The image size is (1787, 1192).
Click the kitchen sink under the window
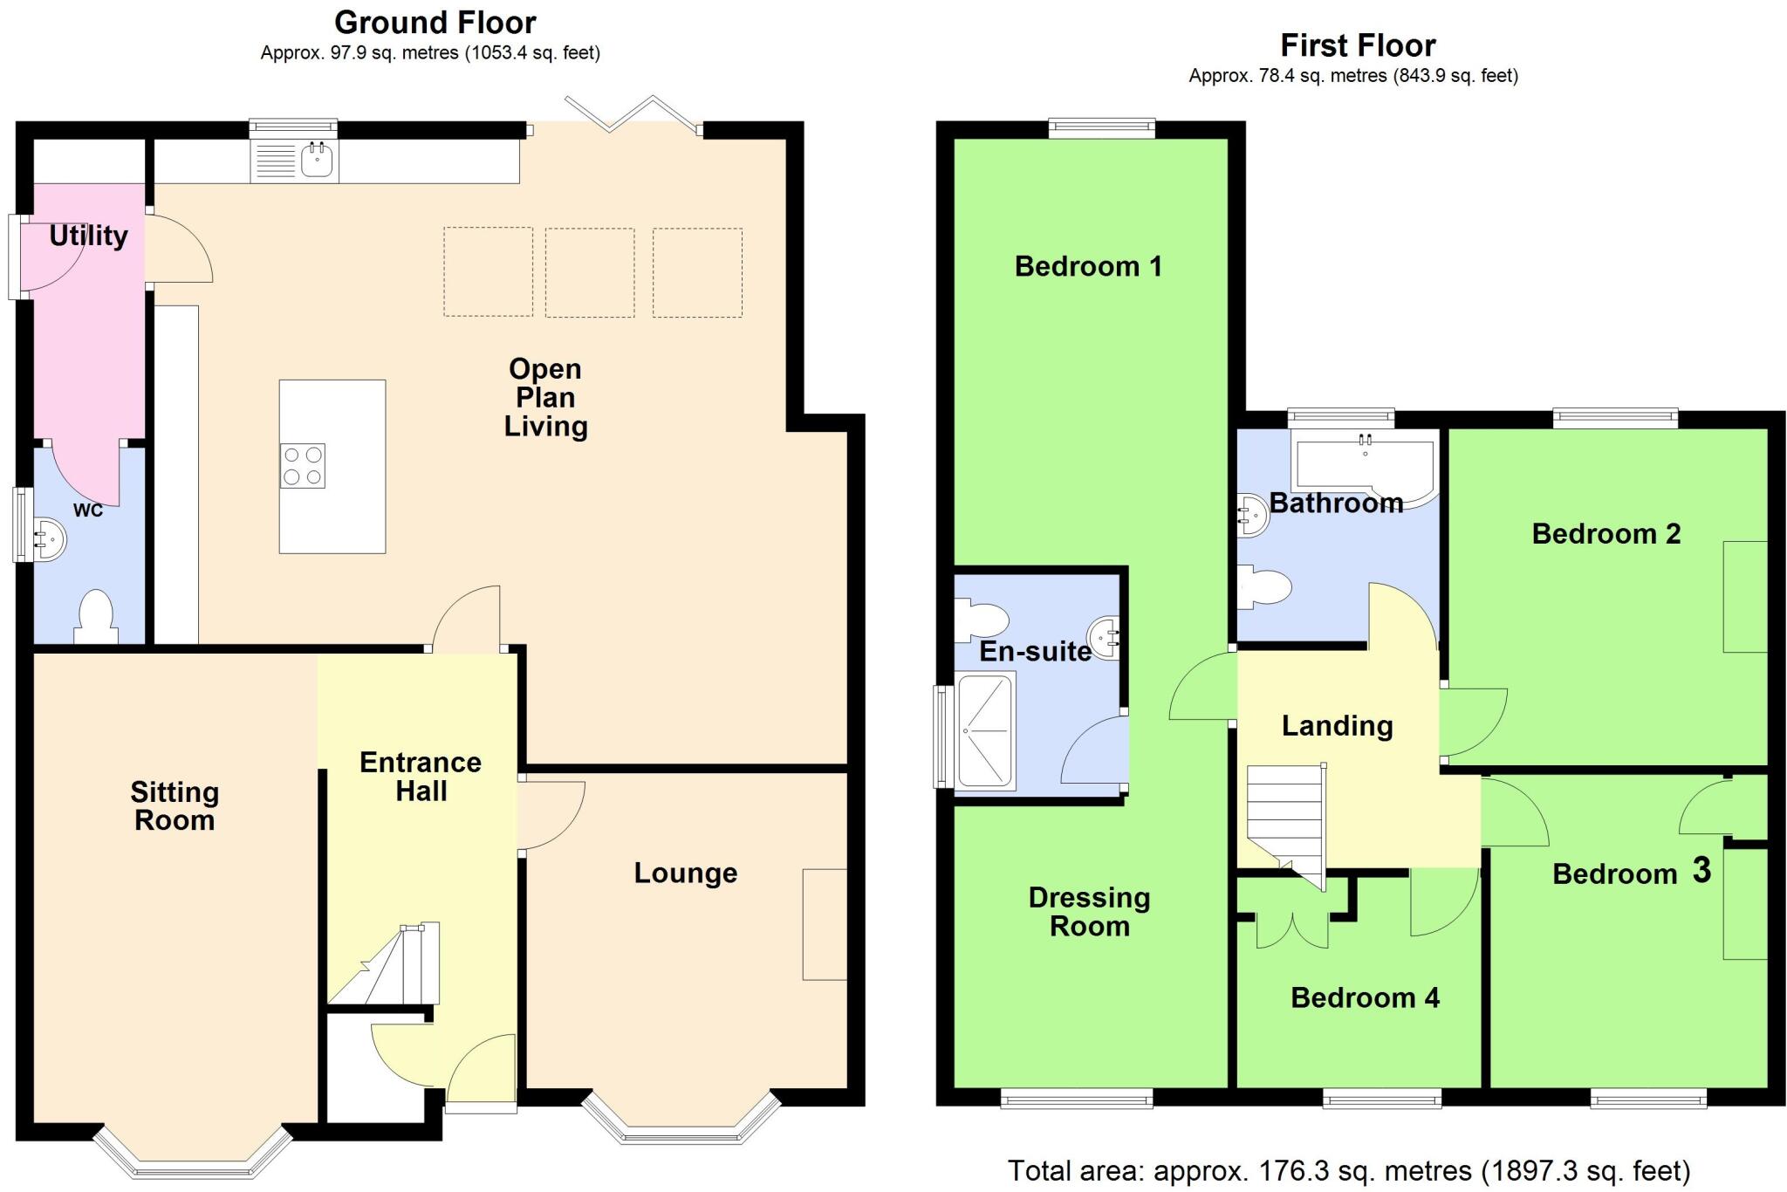[x=316, y=160]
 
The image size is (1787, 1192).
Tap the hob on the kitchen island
[x=303, y=466]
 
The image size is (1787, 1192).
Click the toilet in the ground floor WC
[x=95, y=616]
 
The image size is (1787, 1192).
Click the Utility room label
[x=88, y=236]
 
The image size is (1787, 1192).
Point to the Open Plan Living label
[x=545, y=398]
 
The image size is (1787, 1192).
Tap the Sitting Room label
[x=175, y=806]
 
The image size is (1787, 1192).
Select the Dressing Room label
[x=1089, y=912]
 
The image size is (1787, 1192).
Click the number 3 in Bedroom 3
[x=1701, y=870]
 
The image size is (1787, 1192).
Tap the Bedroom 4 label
[x=1365, y=997]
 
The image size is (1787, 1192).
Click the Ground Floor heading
[x=435, y=23]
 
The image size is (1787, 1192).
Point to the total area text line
[x=1349, y=1170]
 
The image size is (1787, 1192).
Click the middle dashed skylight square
[x=589, y=272]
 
